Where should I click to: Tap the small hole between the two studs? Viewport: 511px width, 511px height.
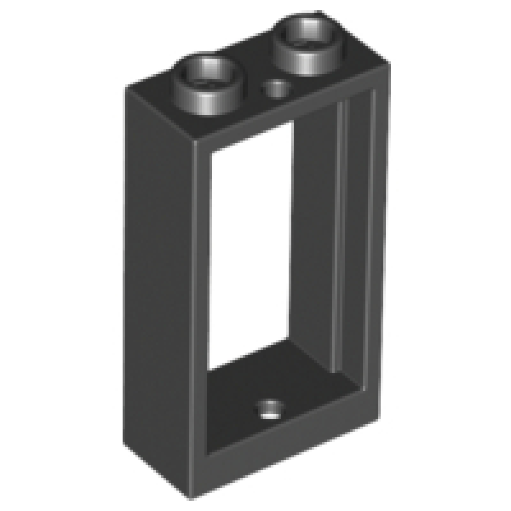(x=277, y=88)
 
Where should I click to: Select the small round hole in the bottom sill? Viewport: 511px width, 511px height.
(x=270, y=408)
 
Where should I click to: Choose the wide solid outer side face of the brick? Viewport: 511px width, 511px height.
(x=160, y=268)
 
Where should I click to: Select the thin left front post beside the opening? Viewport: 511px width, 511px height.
(x=201, y=287)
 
